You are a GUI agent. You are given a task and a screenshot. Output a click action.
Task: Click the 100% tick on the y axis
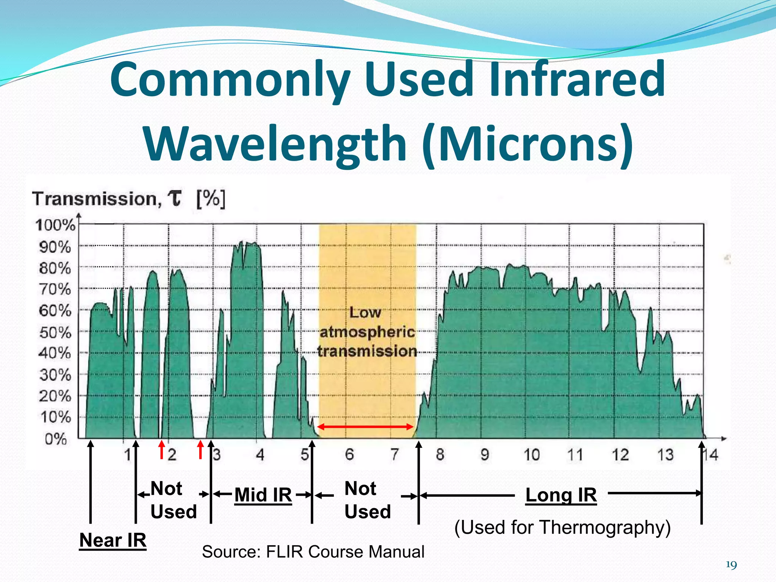55,225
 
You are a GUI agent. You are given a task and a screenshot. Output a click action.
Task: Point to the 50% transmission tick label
55,333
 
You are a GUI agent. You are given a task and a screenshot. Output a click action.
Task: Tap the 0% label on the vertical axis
56,439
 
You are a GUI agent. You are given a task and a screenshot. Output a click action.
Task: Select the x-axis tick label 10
531,455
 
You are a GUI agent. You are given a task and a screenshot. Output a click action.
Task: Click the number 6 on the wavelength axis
349,454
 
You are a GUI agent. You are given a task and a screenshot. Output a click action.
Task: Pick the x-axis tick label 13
665,455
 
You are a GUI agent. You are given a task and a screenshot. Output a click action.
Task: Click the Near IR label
113,540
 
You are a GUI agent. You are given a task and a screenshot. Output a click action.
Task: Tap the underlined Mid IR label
263,495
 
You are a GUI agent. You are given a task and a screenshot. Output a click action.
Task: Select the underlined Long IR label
561,495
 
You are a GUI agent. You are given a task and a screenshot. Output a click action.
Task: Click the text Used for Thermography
562,527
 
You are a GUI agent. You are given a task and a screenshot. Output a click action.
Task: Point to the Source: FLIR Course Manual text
313,552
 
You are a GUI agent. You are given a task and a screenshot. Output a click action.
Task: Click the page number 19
731,565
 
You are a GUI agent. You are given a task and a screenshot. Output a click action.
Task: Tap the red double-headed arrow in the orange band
365,427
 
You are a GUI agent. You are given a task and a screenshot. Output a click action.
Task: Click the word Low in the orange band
365,313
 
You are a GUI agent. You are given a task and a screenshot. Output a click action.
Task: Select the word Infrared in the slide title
577,80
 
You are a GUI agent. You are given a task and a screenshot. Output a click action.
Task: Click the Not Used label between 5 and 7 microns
367,500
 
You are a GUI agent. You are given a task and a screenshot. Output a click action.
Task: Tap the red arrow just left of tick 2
162,449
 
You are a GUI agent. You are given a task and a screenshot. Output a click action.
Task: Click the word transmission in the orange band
367,351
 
